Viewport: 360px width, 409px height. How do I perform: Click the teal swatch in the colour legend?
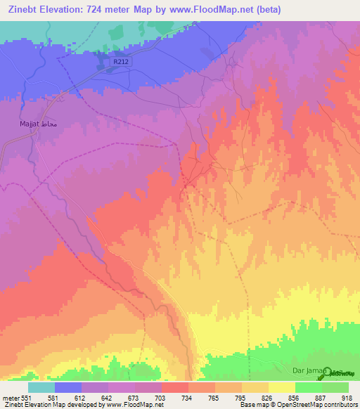coord(41,387)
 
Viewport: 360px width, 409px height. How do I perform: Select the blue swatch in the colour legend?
coord(68,387)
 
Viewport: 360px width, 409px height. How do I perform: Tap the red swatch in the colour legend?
coord(175,387)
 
